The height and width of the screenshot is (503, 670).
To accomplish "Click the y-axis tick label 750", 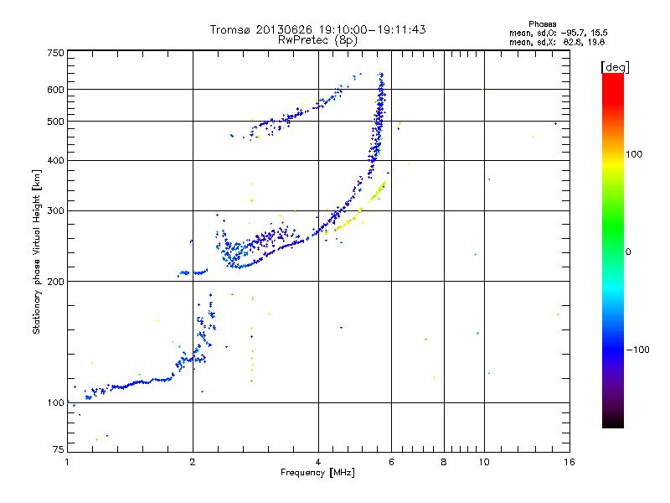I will (x=55, y=52).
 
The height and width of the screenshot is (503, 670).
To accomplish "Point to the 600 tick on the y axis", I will (x=55, y=89).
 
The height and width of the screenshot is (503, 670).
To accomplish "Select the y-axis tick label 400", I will (x=55, y=160).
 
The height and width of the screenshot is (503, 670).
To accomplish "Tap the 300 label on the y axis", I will (x=55, y=210).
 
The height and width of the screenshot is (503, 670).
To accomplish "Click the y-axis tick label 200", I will (x=55, y=281).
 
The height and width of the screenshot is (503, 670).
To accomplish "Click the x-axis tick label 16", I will (x=568, y=462).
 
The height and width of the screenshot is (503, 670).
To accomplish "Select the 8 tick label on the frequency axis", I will (x=444, y=462).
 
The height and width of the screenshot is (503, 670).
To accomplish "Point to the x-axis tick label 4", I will (x=318, y=462).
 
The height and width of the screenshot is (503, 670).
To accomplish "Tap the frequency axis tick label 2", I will (x=193, y=462).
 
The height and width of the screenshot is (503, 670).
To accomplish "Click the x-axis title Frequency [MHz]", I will (x=317, y=473).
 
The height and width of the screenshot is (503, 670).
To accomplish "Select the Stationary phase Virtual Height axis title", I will (x=37, y=252).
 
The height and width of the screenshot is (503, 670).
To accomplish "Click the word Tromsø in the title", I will (x=229, y=29).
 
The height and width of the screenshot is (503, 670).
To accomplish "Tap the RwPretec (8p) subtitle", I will (x=317, y=39).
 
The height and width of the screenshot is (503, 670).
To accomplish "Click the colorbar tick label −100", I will (x=639, y=350).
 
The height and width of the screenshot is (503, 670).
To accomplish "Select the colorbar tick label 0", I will (x=629, y=251).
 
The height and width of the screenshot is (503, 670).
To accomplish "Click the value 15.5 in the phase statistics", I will (x=596, y=32).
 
